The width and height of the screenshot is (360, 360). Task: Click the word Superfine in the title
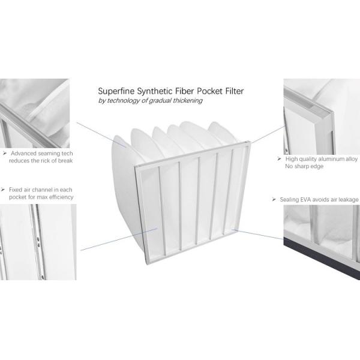[x=116, y=92]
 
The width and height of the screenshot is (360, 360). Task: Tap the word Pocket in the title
[x=210, y=91]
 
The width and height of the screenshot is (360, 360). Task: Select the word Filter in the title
[x=235, y=91]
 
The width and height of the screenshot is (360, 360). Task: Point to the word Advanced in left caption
[x=23, y=153]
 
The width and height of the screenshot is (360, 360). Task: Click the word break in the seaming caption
[x=65, y=160]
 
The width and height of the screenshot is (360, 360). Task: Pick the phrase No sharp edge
[x=304, y=166]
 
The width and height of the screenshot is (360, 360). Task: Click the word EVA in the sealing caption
[x=307, y=200]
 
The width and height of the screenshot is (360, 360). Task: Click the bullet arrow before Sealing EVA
[x=274, y=200]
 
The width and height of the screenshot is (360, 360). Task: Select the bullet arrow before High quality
[x=280, y=158]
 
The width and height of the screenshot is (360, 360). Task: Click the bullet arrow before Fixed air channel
[x=3, y=190]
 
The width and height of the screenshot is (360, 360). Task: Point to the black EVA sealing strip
[x=322, y=258]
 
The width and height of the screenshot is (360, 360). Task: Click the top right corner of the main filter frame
[x=250, y=142]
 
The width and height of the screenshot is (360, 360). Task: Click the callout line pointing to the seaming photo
[x=101, y=135]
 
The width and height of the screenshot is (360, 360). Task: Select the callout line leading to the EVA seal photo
[x=257, y=234]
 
